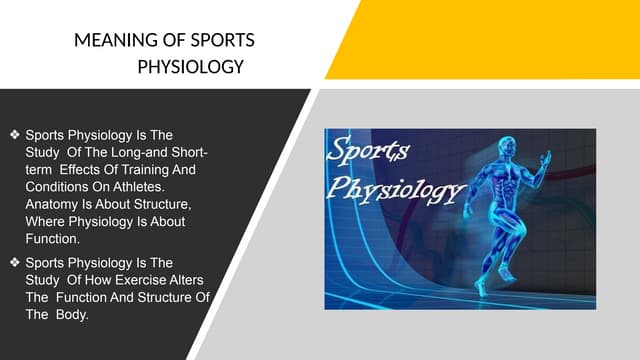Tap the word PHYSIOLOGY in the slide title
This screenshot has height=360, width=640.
pyautogui.click(x=190, y=68)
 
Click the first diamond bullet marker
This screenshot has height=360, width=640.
pyautogui.click(x=13, y=132)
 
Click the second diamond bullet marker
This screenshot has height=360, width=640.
pyautogui.click(x=13, y=263)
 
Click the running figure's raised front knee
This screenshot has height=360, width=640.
pyautogui.click(x=528, y=225)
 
